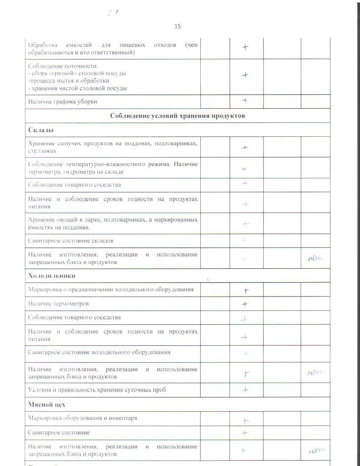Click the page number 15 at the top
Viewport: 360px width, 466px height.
(x=177, y=26)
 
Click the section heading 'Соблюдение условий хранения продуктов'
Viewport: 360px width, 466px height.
(x=177, y=116)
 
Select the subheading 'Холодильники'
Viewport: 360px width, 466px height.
(x=52, y=276)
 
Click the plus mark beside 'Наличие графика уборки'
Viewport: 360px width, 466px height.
(x=245, y=101)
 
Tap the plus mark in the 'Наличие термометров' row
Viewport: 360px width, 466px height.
(x=245, y=304)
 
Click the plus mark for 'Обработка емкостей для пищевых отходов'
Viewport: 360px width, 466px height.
(x=245, y=47)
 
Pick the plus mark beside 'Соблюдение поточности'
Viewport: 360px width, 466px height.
(x=245, y=75)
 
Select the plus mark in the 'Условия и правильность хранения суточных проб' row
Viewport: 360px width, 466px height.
(x=245, y=390)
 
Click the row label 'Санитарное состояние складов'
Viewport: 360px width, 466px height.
(x=71, y=241)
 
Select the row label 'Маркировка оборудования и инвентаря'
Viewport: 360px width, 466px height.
(x=83, y=418)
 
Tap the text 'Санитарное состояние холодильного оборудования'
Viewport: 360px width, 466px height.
(x=100, y=352)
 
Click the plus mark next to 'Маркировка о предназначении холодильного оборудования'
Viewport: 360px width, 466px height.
(x=246, y=291)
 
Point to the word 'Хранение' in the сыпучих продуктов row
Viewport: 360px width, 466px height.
(x=41, y=144)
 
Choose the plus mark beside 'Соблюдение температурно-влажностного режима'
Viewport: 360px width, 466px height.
(x=244, y=169)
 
